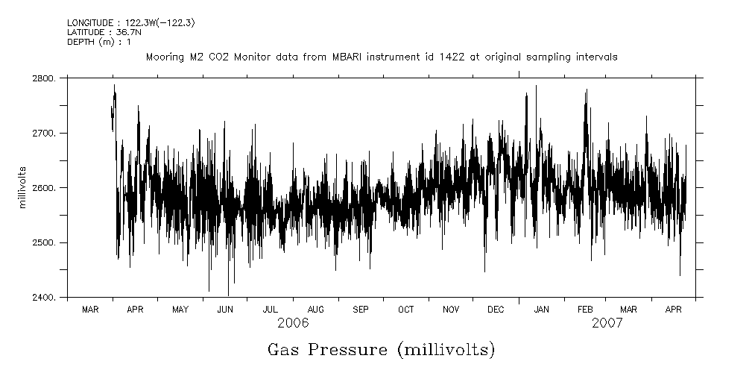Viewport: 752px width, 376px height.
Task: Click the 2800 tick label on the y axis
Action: [44, 78]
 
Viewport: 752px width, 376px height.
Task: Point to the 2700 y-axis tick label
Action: [44, 133]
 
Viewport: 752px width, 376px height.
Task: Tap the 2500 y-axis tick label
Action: [44, 242]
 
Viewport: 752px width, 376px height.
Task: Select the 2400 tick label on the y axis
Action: [44, 298]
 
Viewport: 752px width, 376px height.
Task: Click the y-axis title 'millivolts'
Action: [22, 187]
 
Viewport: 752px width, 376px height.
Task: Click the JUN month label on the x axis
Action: [225, 309]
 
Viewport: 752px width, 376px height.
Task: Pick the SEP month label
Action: [361, 309]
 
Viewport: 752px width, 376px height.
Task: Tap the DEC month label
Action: [496, 309]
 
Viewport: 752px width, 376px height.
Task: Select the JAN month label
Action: [542, 309]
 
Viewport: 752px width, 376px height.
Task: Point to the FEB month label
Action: [585, 309]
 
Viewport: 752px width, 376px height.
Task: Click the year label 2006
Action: [293, 324]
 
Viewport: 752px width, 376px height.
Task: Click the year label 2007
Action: [607, 324]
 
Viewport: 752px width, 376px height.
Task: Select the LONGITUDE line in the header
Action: [131, 23]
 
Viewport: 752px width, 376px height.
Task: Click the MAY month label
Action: [180, 309]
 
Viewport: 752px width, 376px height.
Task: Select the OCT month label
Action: [405, 309]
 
